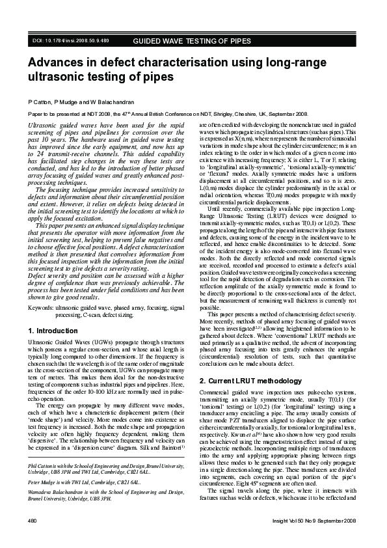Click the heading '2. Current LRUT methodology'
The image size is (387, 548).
(x=247, y=381)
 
